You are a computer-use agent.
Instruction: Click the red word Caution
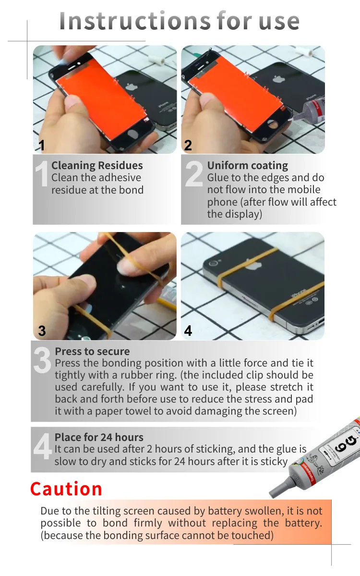coord(66,489)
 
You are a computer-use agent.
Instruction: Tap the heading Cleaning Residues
coord(97,166)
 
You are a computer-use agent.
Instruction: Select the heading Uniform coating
coord(247,166)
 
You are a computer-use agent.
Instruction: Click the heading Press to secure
coord(92,351)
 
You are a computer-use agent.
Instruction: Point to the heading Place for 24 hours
coord(99,437)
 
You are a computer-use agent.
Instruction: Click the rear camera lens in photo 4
coord(213,263)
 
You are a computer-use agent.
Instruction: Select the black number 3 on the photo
coord(42,331)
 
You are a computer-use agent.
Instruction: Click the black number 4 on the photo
coord(188,331)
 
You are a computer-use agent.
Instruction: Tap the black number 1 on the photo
coord(42,145)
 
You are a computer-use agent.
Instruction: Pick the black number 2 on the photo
coord(188,145)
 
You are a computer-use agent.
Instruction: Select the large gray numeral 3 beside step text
coord(42,361)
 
